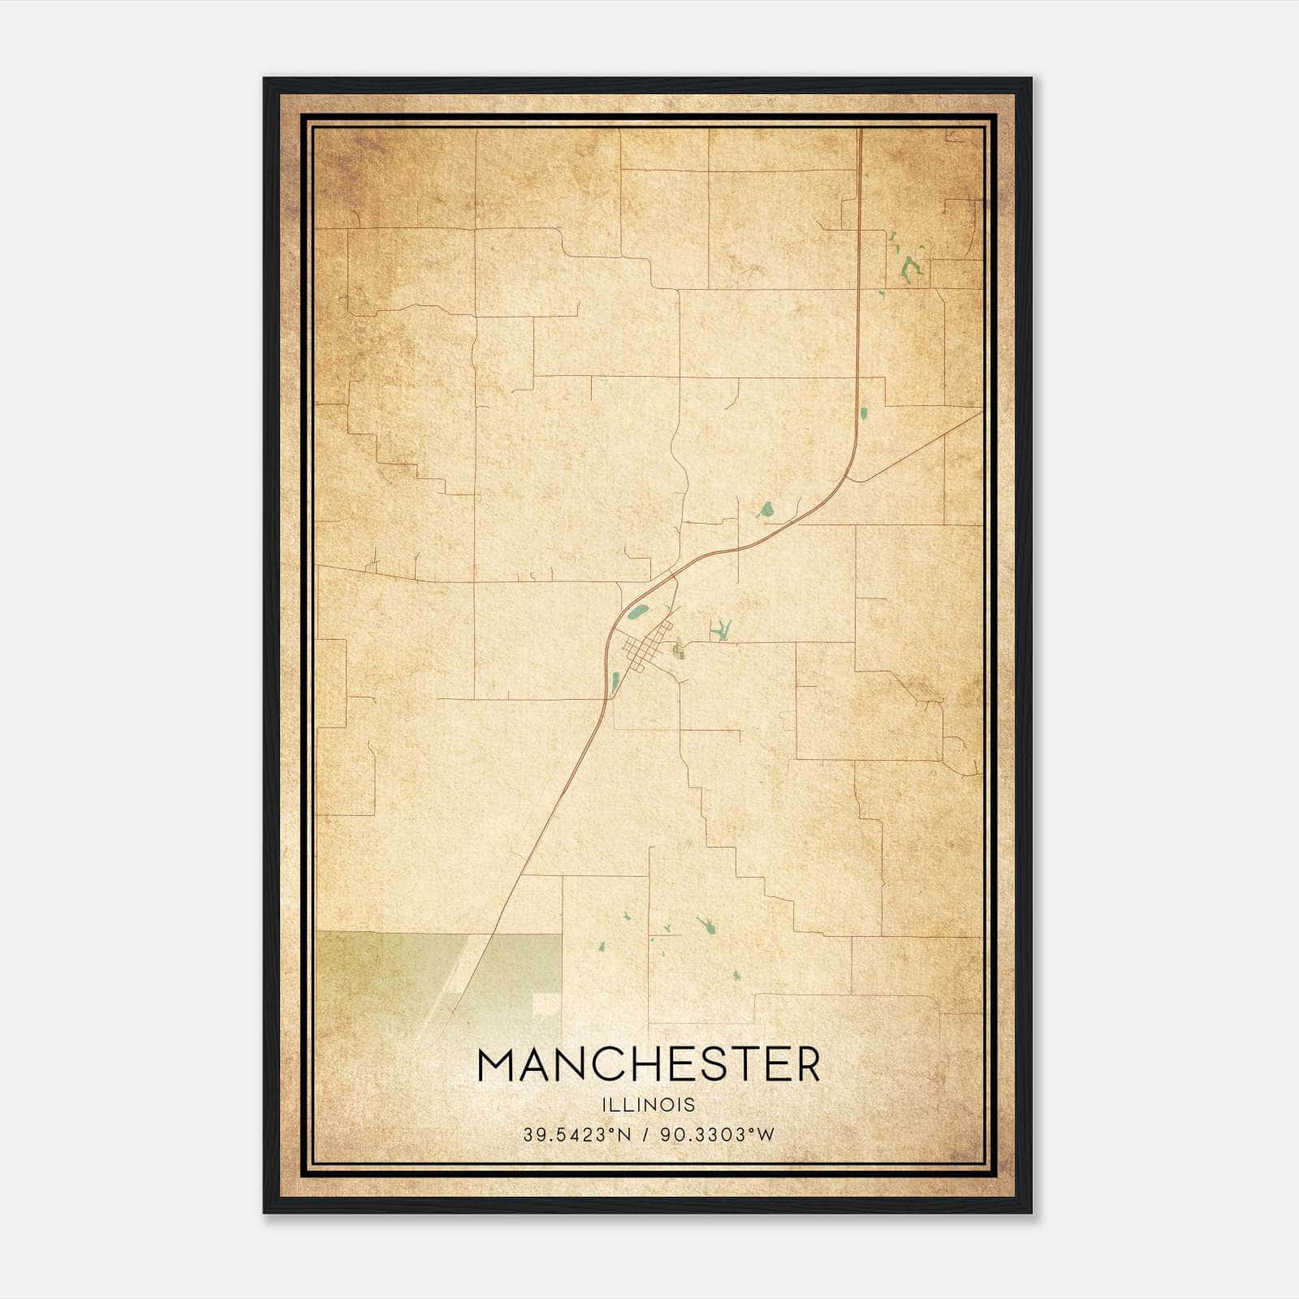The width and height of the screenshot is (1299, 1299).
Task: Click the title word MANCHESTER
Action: [x=649, y=1064]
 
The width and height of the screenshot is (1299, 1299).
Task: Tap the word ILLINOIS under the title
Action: [x=649, y=1105]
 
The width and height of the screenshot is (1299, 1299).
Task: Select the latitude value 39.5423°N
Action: [x=576, y=1135]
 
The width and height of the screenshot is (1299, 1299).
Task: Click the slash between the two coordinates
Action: [x=645, y=1135]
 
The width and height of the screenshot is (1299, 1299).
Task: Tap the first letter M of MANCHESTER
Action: [x=498, y=1064]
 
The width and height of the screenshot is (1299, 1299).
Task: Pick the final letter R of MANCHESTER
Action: [x=805, y=1064]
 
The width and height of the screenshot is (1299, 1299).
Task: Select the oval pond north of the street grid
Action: [x=640, y=611]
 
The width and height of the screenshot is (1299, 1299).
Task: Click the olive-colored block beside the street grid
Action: [x=677, y=650]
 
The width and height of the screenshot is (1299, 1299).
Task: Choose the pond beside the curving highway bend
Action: [x=765, y=511]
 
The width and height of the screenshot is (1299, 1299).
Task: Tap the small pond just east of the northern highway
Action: [x=864, y=412]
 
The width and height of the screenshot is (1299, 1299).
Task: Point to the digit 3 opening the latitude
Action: [x=528, y=1135]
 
